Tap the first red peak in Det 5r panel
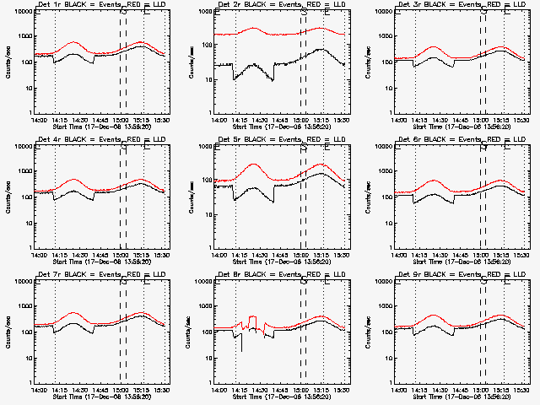[253, 165]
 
